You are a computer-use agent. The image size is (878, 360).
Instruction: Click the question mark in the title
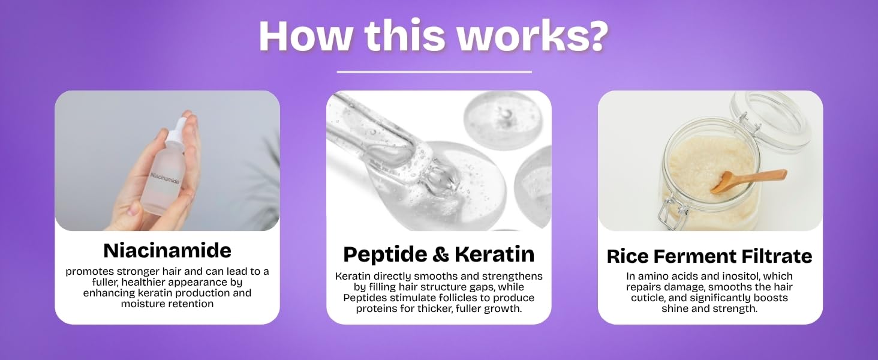594,35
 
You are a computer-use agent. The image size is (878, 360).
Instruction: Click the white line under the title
434,72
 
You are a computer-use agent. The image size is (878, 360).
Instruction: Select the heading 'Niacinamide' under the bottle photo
167,251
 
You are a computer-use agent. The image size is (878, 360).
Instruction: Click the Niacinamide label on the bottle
164,178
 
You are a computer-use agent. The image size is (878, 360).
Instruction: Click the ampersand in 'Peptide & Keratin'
441,254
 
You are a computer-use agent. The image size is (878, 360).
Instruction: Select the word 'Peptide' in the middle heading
385,254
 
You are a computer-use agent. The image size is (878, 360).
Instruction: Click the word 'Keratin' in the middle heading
495,254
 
